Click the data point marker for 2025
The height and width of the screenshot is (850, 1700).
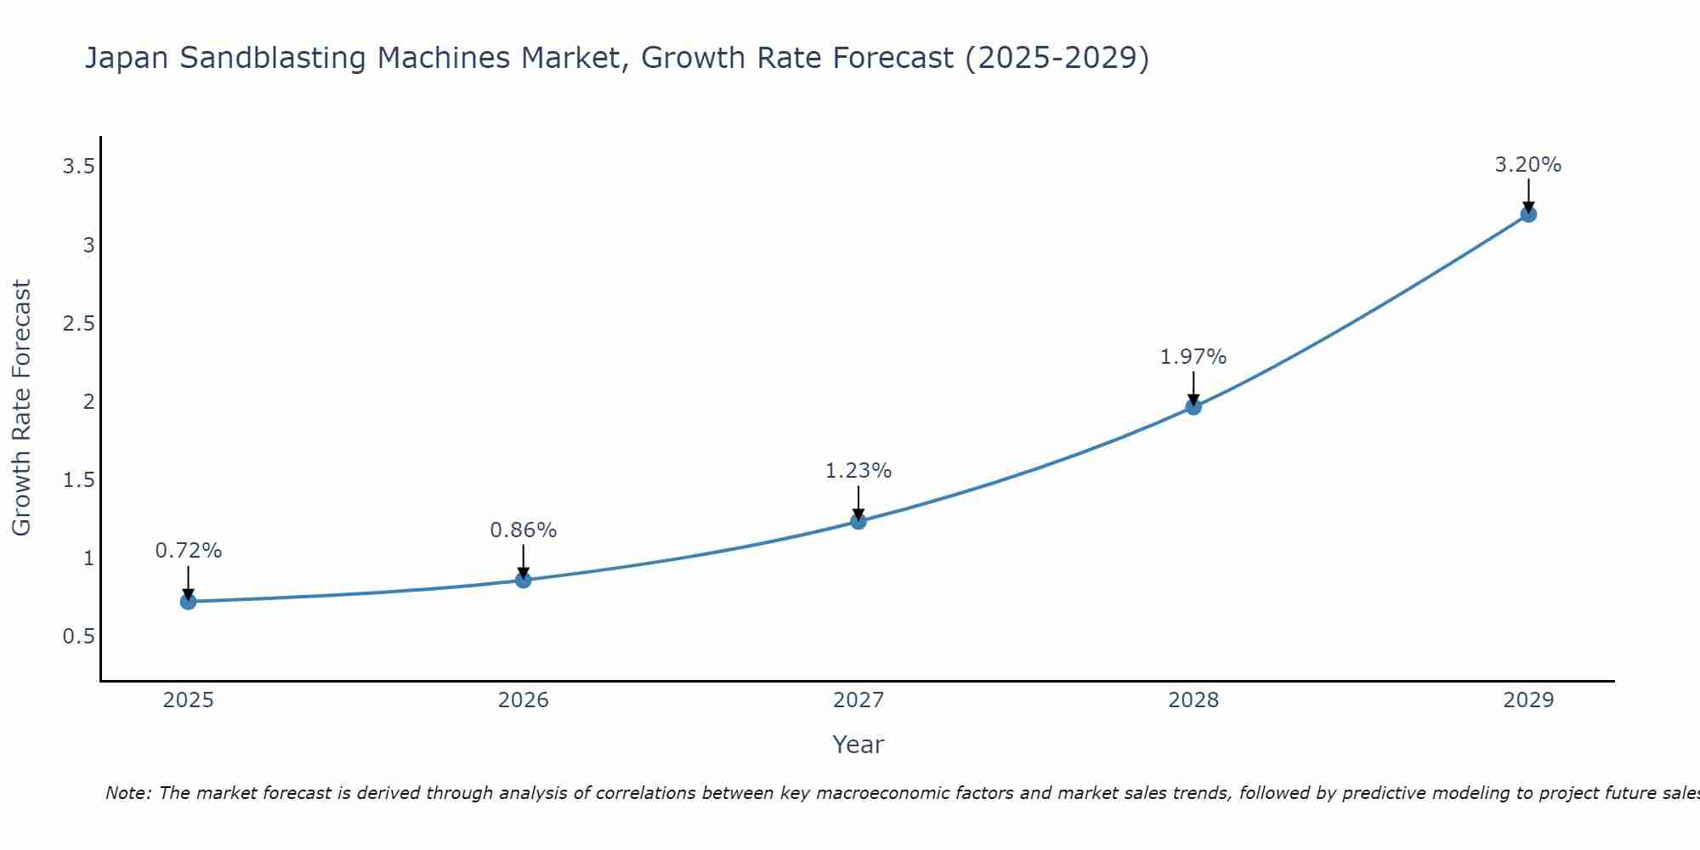click(x=189, y=602)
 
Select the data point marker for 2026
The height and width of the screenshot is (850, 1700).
click(x=524, y=581)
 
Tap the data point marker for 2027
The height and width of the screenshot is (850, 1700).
click(x=858, y=521)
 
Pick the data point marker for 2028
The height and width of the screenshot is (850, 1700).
click(x=1193, y=407)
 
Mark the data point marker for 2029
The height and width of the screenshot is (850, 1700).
click(x=1528, y=214)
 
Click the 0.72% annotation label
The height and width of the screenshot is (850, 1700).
click(x=189, y=551)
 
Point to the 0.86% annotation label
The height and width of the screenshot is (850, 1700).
click(x=524, y=530)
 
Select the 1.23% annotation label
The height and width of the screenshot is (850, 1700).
click(x=858, y=471)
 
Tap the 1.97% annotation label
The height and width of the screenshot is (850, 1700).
click(x=1193, y=357)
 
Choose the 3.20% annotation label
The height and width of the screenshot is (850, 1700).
click(x=1528, y=165)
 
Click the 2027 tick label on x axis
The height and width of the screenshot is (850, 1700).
click(x=858, y=700)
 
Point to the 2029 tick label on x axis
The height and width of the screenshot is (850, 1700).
click(x=1528, y=700)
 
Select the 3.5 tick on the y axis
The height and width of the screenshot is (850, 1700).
click(x=78, y=167)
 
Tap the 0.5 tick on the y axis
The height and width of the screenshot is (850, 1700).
click(x=78, y=637)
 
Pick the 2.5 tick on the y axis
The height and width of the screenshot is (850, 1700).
click(x=78, y=324)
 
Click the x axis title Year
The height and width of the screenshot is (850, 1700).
click(x=858, y=745)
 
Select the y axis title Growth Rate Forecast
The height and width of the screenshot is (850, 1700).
click(x=22, y=408)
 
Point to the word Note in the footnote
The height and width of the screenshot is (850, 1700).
click(x=127, y=793)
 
